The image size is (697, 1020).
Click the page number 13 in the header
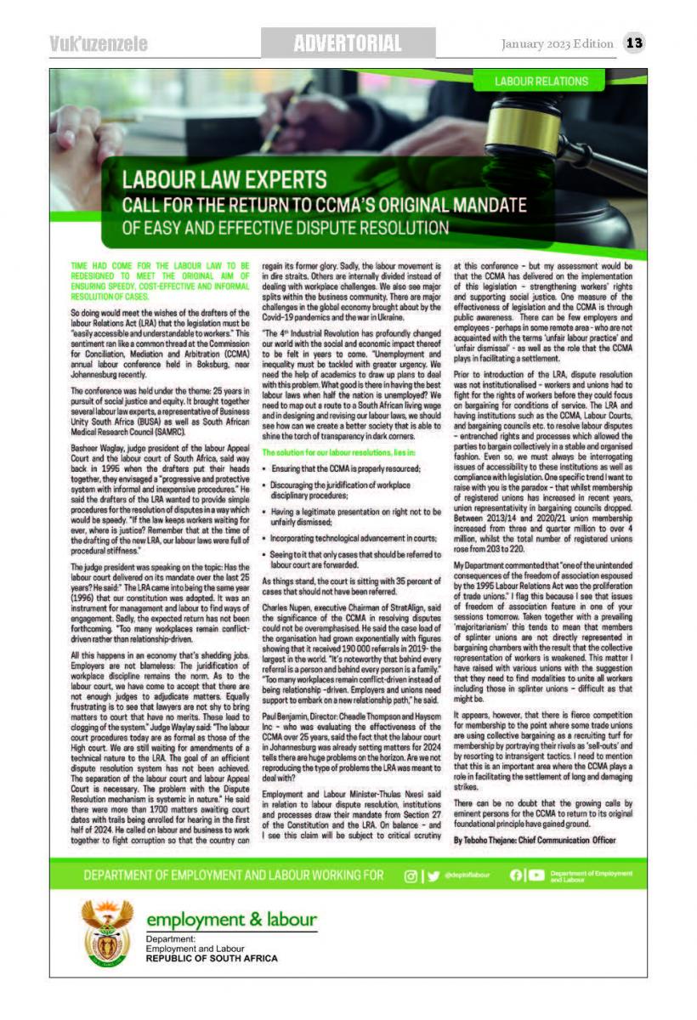pyautogui.click(x=634, y=42)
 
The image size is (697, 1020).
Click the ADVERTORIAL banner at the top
pyautogui.click(x=348, y=42)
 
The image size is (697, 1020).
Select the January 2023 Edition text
pyautogui.click(x=557, y=43)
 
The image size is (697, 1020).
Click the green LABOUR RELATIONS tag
pyautogui.click(x=541, y=82)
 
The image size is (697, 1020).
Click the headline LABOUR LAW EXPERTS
pyautogui.click(x=225, y=180)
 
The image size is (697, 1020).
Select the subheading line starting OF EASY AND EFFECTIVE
pyautogui.click(x=286, y=228)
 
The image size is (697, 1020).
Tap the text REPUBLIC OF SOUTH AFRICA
pyautogui.click(x=212, y=958)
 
